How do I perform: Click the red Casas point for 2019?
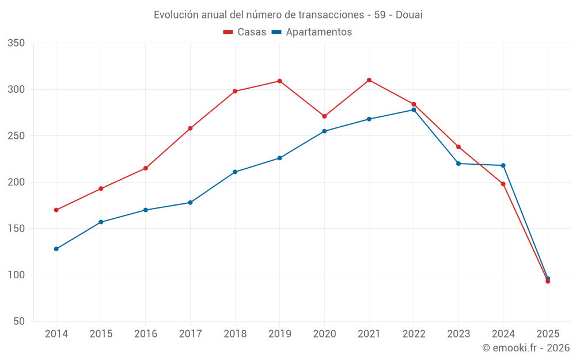[280, 81]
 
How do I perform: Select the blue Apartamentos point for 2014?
[56, 249]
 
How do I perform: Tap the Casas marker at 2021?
[369, 80]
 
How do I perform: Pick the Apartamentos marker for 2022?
[414, 110]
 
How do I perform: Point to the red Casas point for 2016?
[146, 168]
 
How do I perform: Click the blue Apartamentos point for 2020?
[324, 131]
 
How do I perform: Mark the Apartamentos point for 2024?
[503, 165]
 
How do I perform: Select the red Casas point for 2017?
[190, 128]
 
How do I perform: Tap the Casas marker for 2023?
[458, 147]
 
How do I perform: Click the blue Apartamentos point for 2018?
[235, 172]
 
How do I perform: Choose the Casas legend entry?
[245, 32]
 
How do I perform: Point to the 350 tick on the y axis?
[16, 43]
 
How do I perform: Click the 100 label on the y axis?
[16, 275]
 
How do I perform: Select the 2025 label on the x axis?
[548, 334]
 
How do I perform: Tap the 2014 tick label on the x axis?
[56, 334]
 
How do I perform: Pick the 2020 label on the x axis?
[324, 334]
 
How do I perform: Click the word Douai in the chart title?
[409, 15]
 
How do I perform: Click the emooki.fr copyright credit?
[525, 348]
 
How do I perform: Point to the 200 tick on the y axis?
[16, 182]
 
